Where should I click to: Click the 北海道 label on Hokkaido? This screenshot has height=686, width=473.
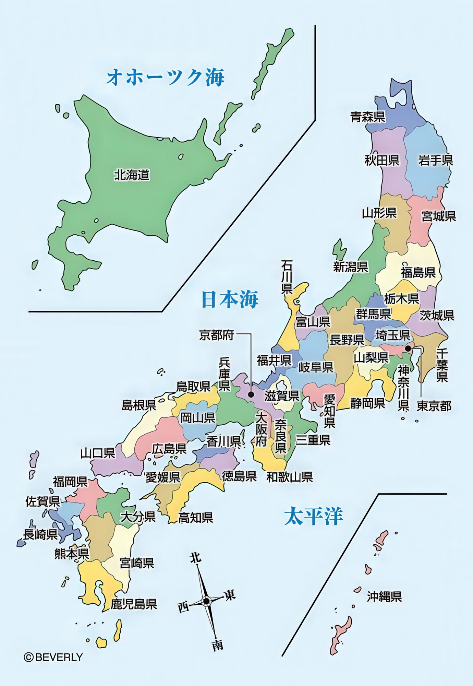pos(132,175)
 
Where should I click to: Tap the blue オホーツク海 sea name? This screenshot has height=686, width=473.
pos(166,77)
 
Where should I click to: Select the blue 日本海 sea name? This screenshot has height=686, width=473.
pos(230,299)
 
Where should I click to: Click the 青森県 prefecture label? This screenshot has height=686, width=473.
pos(368,117)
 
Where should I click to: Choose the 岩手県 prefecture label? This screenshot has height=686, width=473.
pos(436,160)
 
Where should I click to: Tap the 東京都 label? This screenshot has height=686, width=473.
pos(434,406)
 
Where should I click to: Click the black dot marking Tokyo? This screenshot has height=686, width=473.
pos(408,348)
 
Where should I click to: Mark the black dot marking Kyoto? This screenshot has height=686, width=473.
pos(251,394)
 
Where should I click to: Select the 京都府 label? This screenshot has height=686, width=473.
pos(217,335)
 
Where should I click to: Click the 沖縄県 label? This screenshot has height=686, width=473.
pos(384,596)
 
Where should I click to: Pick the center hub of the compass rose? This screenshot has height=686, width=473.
pos(206,601)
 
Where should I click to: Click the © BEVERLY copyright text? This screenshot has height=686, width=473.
pos(53,657)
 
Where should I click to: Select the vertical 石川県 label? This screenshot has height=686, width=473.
pos(287,277)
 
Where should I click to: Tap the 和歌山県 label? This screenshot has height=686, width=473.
pos(290,477)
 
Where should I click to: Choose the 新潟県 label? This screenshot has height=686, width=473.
pos(351,267)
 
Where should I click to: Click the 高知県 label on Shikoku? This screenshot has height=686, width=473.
pos(195,517)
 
